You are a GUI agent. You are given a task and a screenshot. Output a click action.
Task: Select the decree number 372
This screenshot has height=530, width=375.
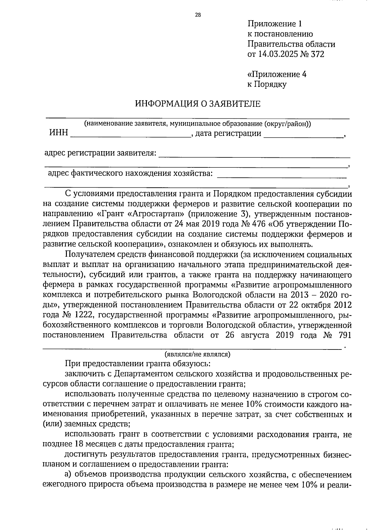tap(317, 54)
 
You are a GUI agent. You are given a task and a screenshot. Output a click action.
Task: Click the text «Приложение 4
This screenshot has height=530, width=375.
tap(277, 74)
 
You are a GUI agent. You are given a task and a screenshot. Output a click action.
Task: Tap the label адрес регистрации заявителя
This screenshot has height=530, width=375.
tap(100, 153)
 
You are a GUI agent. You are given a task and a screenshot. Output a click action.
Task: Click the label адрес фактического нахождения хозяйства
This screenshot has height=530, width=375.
tap(130, 173)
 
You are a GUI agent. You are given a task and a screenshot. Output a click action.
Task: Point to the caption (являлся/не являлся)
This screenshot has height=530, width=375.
tap(197, 354)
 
